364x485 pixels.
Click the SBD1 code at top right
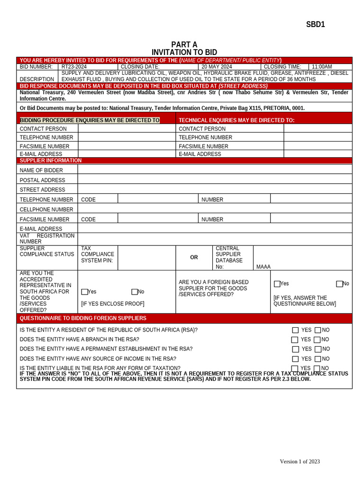tap(315, 25)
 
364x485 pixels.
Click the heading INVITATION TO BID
tap(184, 52)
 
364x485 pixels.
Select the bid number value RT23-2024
tap(74, 67)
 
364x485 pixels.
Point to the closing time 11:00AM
tap(322, 67)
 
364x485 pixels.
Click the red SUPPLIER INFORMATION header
tap(51, 161)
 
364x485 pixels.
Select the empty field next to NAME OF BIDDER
tap(215, 170)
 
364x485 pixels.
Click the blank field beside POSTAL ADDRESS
tap(215, 180)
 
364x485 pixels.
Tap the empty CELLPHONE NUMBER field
tap(215, 209)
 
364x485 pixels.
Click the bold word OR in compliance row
tap(194, 258)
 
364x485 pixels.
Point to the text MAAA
tap(264, 267)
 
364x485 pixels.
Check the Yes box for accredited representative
tap(84, 292)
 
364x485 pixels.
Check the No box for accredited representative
tap(135, 292)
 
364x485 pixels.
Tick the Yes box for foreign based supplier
tap(277, 284)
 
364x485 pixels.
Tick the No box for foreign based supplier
tap(339, 284)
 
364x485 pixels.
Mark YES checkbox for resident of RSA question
tap(295, 330)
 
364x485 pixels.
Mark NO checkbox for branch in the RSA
tap(317, 340)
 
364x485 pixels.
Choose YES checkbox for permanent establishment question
tap(296, 350)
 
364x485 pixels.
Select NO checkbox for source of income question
tap(318, 359)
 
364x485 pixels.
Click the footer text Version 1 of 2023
tap(300, 462)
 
